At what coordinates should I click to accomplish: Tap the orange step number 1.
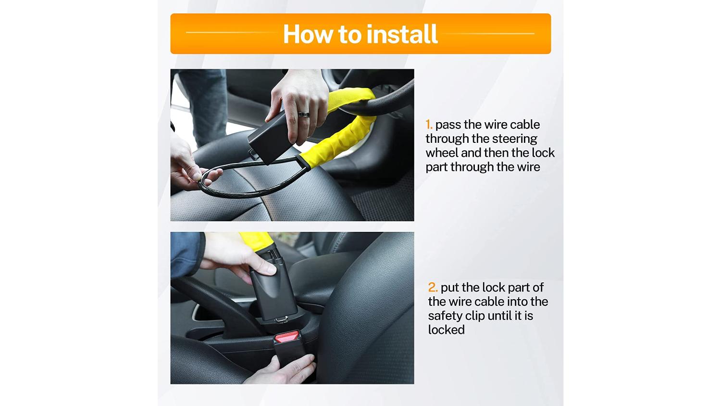[428, 125]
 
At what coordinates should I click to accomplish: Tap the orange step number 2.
[433, 287]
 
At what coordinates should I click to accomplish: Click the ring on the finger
[303, 114]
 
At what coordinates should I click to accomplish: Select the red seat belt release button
[287, 337]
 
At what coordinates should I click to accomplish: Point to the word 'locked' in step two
[446, 330]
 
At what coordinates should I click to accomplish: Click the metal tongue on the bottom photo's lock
[281, 319]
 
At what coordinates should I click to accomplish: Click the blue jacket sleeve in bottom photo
[186, 254]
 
